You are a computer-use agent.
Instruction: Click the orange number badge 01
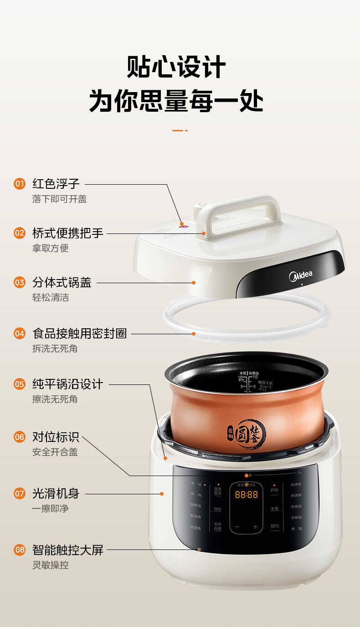tap(19, 184)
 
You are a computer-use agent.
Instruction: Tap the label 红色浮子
tap(56, 184)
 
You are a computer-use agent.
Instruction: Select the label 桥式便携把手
tap(68, 233)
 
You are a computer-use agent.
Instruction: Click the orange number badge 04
tap(19, 333)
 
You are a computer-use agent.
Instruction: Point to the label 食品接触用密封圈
tap(80, 333)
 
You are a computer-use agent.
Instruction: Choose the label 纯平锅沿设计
tap(68, 384)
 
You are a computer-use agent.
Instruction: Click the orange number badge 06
tap(19, 437)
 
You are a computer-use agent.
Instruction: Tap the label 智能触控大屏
tap(68, 550)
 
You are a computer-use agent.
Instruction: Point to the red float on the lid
tap(181, 224)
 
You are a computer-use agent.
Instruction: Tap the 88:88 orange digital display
tap(246, 494)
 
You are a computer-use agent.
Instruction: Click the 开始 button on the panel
tap(274, 491)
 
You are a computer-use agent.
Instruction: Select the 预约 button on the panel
tap(274, 526)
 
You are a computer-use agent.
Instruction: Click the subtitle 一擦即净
tap(50, 508)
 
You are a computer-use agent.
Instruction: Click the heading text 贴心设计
tap(176, 67)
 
